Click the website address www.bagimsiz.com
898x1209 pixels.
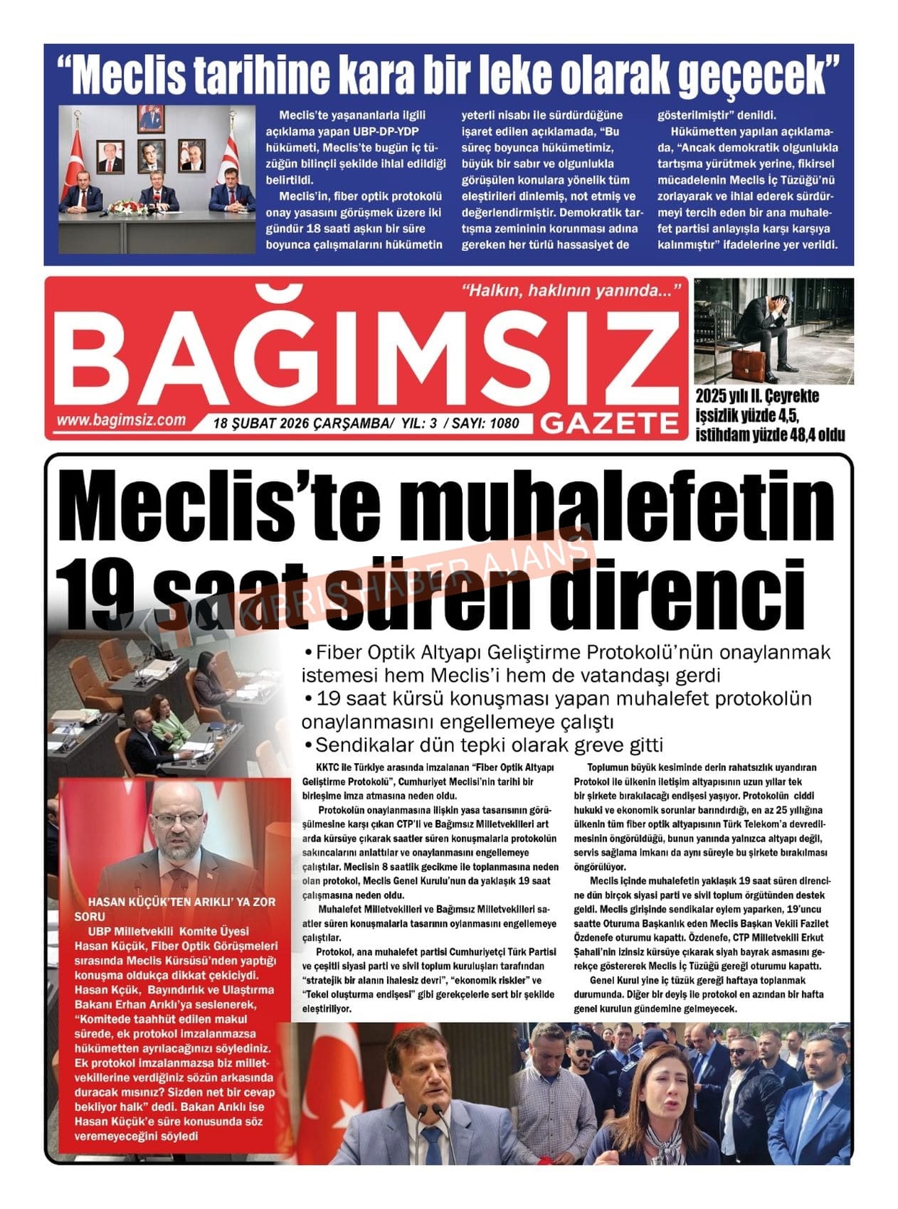121,420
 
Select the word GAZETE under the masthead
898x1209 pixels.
609,424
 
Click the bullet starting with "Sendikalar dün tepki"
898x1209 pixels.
483,745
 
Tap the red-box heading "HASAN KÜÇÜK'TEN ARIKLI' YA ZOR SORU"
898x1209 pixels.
175,909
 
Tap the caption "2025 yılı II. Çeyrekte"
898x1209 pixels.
757,395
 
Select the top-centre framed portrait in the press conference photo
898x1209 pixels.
150,119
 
